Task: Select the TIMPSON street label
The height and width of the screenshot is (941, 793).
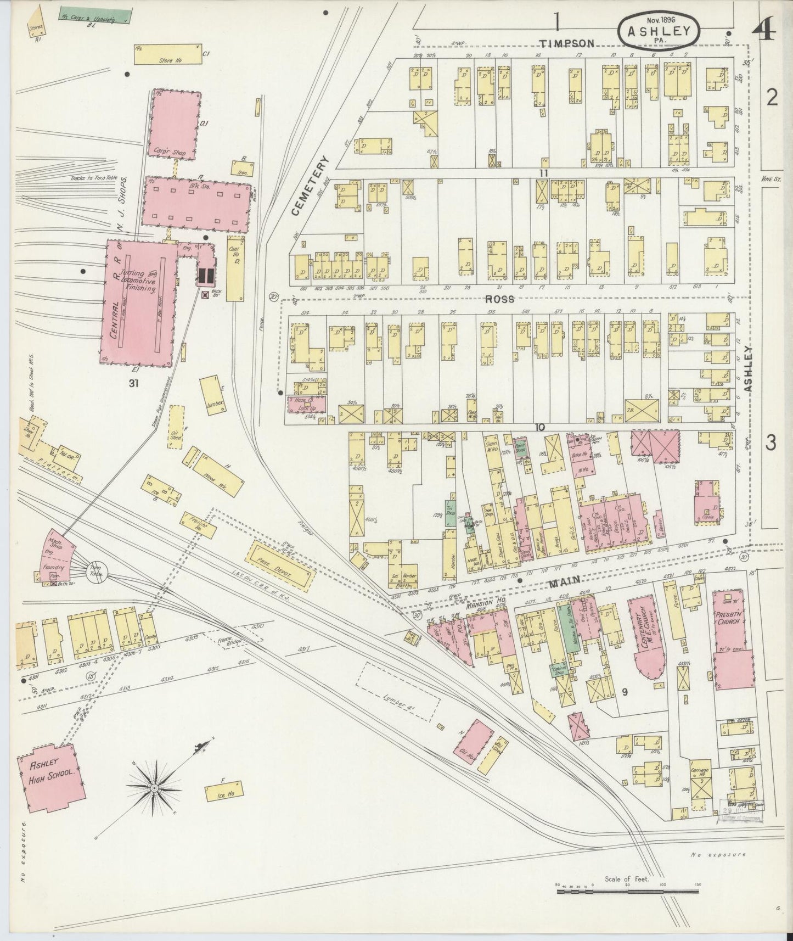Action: [x=566, y=44]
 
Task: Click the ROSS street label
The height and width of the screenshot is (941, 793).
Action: [x=499, y=299]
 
